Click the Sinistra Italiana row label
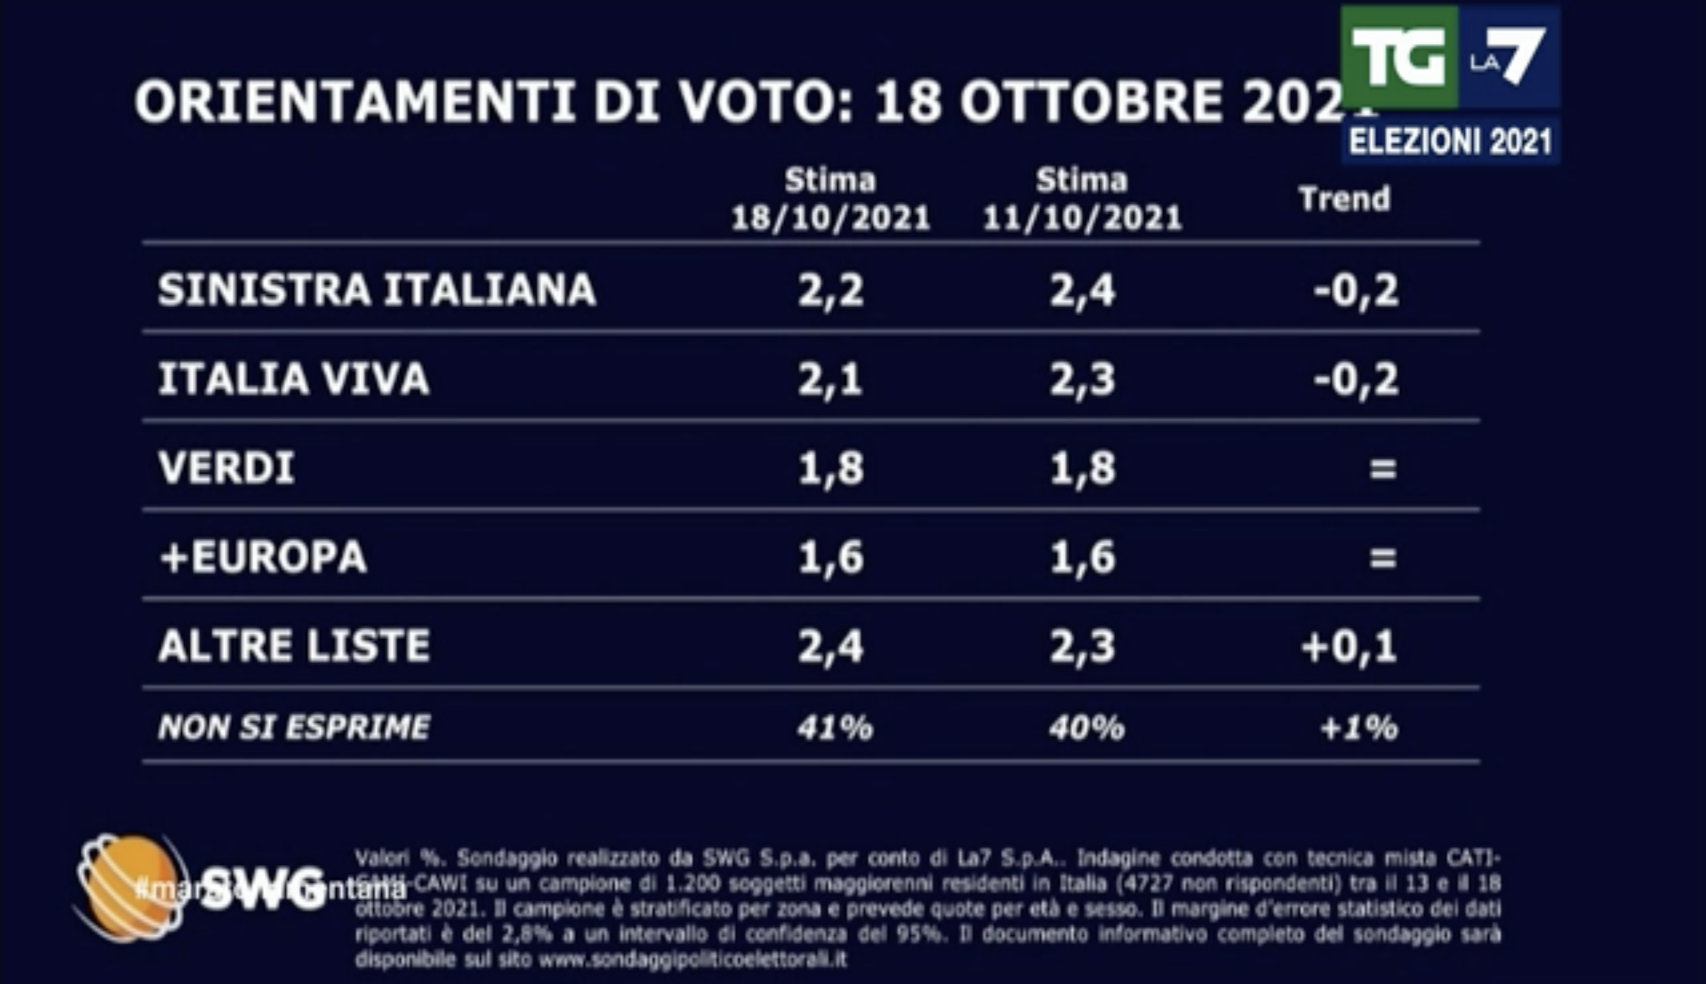(376, 290)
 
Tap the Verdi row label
(226, 468)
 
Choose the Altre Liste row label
(293, 646)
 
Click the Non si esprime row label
(293, 728)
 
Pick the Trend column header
(1344, 199)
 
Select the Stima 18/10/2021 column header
(830, 199)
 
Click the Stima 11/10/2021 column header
(1082, 199)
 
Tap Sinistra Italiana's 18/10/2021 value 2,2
(830, 291)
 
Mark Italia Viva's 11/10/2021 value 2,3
(1082, 380)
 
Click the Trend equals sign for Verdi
(1382, 468)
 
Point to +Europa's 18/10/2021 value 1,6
(830, 558)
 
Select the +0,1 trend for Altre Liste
(1349, 647)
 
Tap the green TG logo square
(1398, 57)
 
